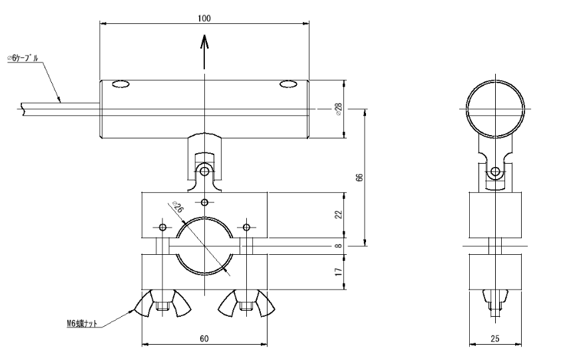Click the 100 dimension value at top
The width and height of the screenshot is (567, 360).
[x=204, y=18]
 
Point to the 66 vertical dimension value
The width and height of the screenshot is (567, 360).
[x=359, y=178]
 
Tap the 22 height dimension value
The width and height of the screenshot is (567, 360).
[x=338, y=214]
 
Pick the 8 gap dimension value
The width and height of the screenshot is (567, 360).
[x=338, y=246]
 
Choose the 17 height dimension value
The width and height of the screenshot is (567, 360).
[x=338, y=271]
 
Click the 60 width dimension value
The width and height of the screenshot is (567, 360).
[x=204, y=339]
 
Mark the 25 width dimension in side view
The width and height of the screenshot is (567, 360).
[x=494, y=339]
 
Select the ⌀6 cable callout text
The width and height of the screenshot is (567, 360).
[x=23, y=59]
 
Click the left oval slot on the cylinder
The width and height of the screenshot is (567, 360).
[x=120, y=84]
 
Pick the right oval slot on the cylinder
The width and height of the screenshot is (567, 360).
[x=288, y=84]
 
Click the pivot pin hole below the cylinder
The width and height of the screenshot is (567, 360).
[x=205, y=172]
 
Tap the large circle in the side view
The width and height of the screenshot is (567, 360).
[x=494, y=108]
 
